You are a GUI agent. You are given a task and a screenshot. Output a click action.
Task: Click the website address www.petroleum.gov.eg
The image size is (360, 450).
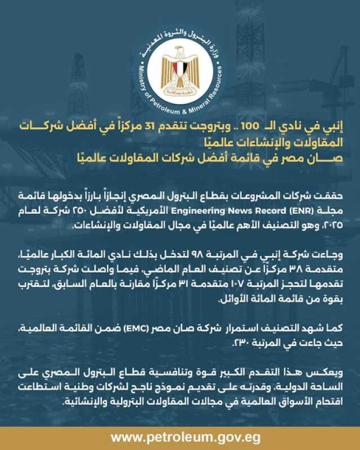(x=180, y=438)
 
